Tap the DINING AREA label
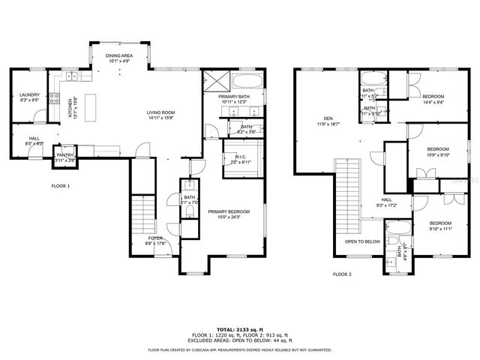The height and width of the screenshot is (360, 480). [120, 58]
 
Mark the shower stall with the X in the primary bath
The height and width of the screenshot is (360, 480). [215, 82]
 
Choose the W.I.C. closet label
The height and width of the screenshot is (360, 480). [240, 159]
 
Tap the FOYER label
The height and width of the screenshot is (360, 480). [155, 239]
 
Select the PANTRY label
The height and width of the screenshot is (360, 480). [65, 157]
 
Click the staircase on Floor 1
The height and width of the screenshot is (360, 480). [141, 216]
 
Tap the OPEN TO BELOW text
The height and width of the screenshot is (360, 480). [362, 242]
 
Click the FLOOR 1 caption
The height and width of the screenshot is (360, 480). [60, 185]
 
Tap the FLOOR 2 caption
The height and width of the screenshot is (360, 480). [342, 274]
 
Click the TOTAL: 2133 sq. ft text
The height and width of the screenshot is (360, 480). [240, 329]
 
